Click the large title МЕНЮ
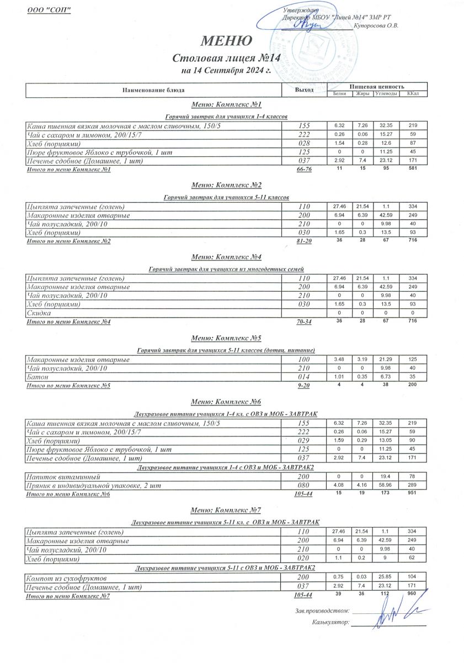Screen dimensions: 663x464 tap(227, 41)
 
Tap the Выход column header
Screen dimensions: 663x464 tap(305, 90)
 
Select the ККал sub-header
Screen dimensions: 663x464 tap(413, 93)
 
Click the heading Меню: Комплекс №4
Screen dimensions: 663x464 tap(226, 257)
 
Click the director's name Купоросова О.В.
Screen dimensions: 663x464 tap(377, 25)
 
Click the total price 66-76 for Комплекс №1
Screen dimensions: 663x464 tap(304, 170)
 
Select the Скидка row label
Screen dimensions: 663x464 tap(39, 313)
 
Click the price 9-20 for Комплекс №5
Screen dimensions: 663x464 tap(303, 386)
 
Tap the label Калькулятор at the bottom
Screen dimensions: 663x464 tap(330, 622)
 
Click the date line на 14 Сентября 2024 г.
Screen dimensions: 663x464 tap(226, 70)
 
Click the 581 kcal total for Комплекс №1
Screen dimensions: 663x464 tap(413, 169)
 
